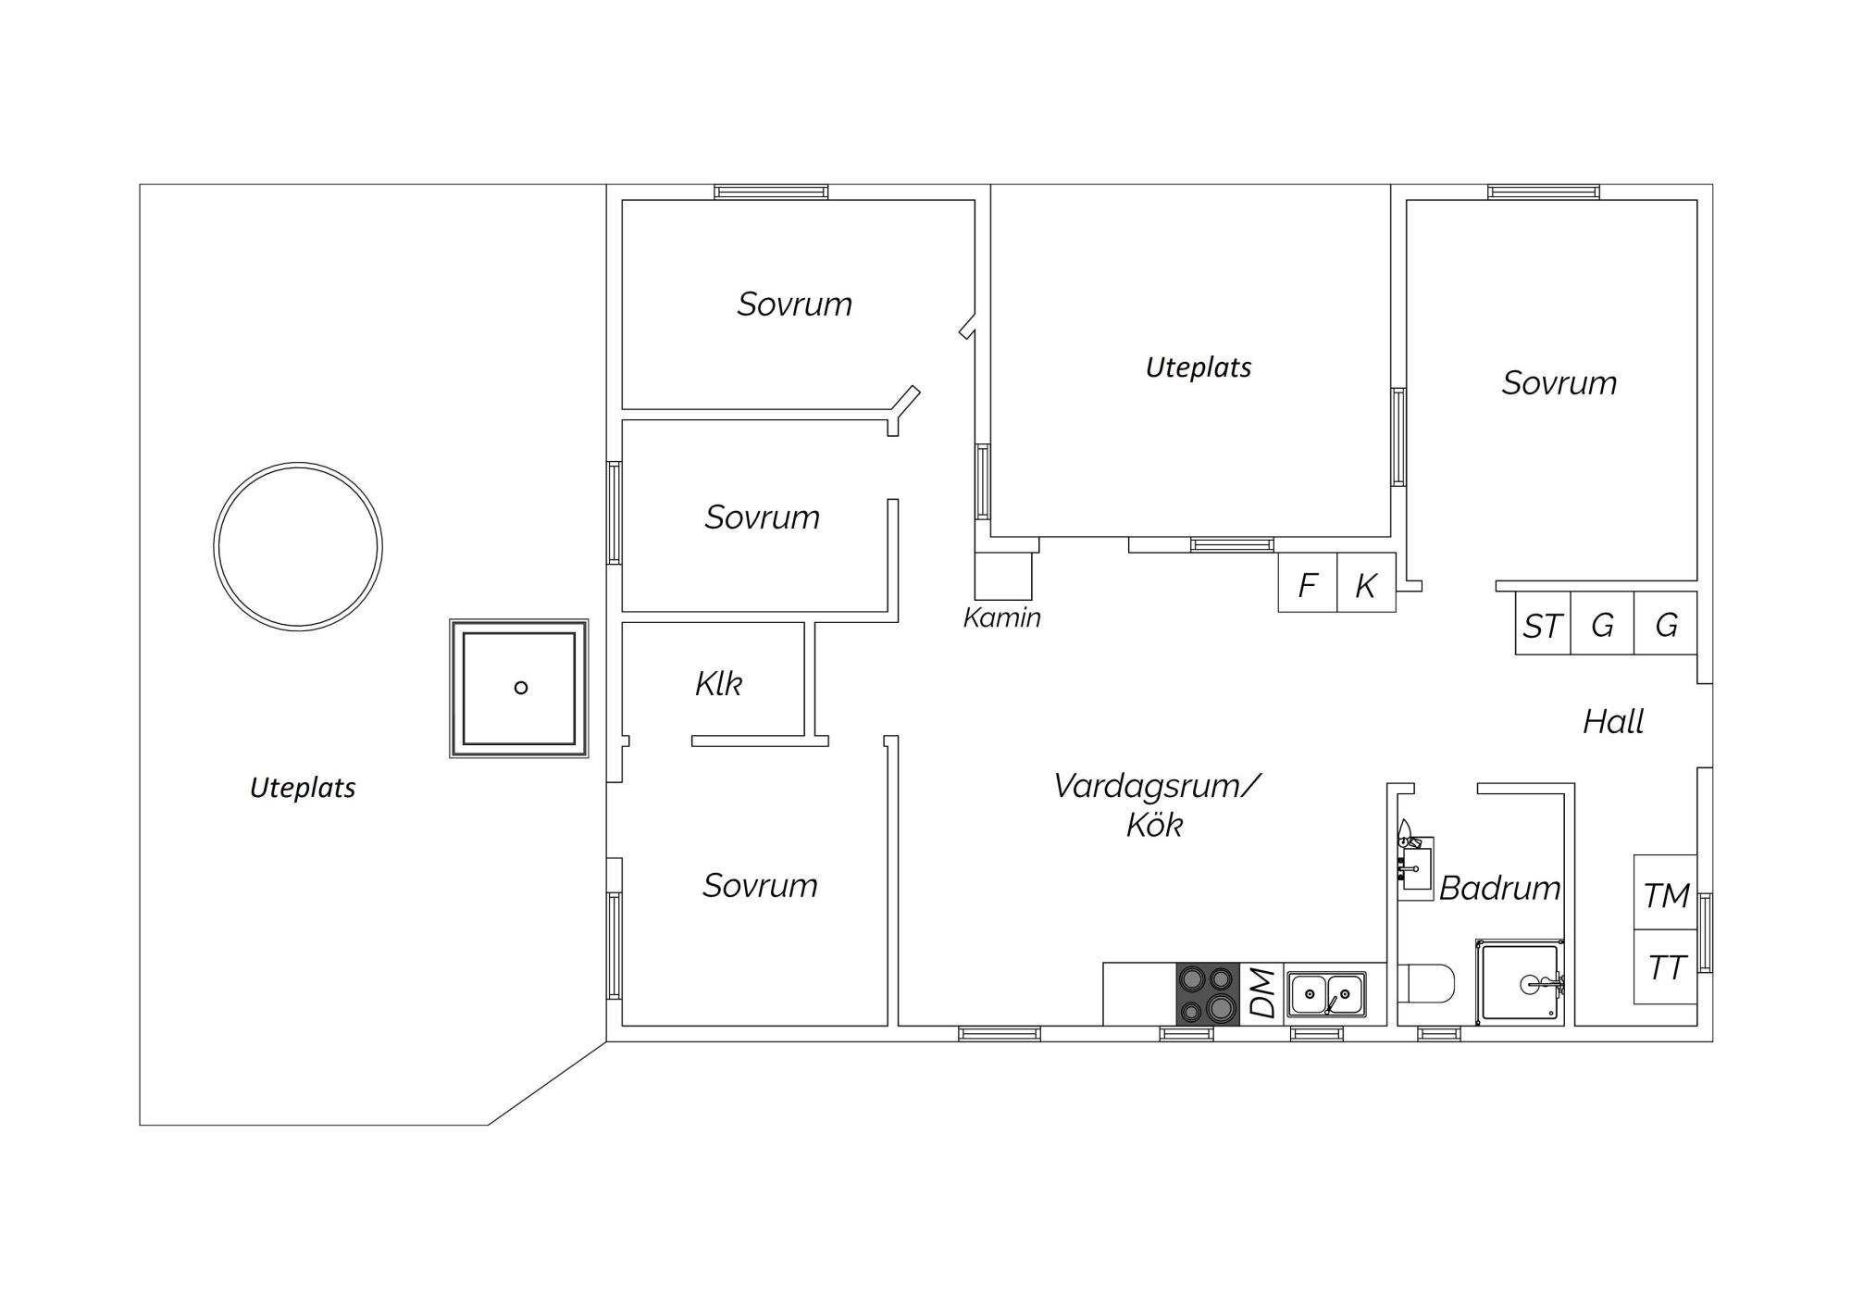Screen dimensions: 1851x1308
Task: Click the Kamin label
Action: coord(1002,617)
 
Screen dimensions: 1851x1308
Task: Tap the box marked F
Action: coord(1308,583)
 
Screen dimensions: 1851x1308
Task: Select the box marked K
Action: coord(1366,583)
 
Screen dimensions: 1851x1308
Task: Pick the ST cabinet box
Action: coord(1543,623)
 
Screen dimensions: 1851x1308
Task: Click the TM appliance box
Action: coord(1665,892)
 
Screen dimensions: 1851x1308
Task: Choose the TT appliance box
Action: coord(1665,966)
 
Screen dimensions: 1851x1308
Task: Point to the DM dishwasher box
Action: coord(1261,994)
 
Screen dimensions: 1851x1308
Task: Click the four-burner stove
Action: coord(1208,994)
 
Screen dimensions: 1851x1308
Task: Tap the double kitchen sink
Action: coord(1327,995)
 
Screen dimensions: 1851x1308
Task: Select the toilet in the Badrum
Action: coord(1425,983)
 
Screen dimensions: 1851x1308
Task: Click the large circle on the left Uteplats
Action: coord(298,464)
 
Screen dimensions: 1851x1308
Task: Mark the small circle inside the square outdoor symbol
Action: coord(521,687)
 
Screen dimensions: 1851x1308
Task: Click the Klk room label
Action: coord(718,684)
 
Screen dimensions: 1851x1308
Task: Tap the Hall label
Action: coord(1613,721)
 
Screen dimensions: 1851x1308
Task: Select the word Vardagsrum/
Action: coord(1157,786)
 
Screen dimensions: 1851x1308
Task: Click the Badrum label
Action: coord(1499,888)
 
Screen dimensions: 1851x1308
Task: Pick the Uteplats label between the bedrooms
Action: coord(1199,367)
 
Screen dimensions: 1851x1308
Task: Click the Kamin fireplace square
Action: coord(1003,576)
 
